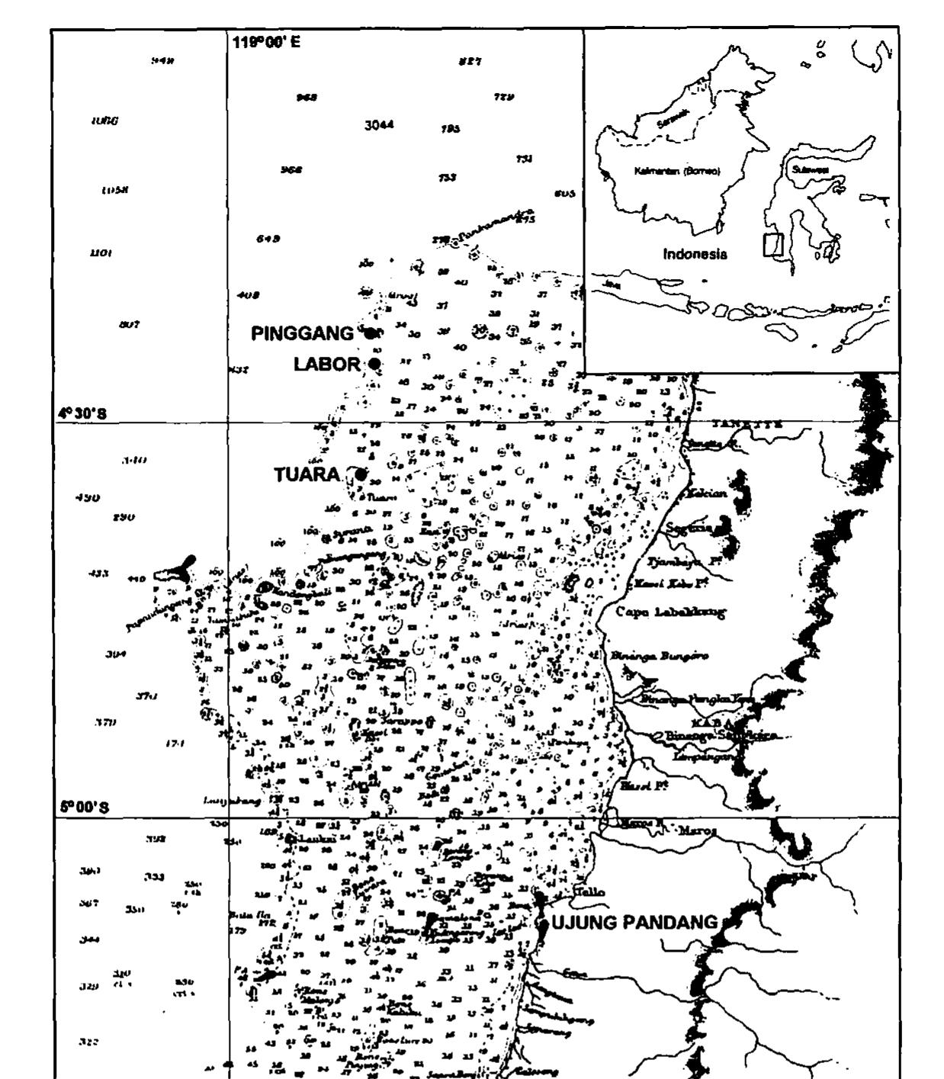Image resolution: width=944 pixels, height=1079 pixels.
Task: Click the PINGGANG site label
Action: coord(302,333)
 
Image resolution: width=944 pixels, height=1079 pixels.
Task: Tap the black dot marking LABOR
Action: coord(374,364)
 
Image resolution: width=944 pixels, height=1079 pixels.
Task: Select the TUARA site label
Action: coord(307,475)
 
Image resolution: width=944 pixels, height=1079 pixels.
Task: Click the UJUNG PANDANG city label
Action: coord(634,923)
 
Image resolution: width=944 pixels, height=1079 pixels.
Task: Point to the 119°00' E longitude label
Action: coord(266,42)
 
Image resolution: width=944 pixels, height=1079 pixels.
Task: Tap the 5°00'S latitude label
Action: coord(84,807)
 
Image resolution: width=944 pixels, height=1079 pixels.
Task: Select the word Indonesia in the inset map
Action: coord(695,254)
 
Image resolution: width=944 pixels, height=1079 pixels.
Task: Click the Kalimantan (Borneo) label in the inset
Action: coord(677,171)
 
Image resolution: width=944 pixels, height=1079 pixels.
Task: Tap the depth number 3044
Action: coord(379,124)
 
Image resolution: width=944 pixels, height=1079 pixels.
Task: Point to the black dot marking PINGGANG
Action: coord(371,333)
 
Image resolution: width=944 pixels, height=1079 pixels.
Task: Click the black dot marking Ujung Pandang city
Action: coord(543,923)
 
